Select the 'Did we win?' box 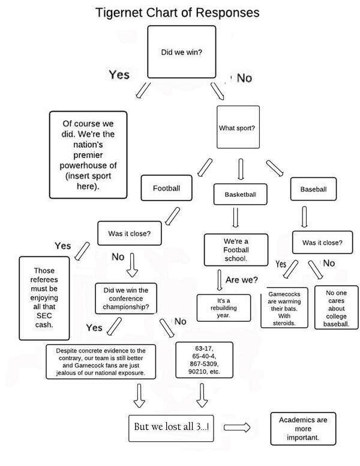coord(181,52)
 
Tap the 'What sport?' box coord(238,127)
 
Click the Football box coord(166,188)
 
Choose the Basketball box coord(240,195)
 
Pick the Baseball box coord(313,189)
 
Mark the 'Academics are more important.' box coord(303,428)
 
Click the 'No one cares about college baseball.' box coord(337,308)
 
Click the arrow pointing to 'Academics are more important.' coord(239,428)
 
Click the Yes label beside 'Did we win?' coord(119,74)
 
